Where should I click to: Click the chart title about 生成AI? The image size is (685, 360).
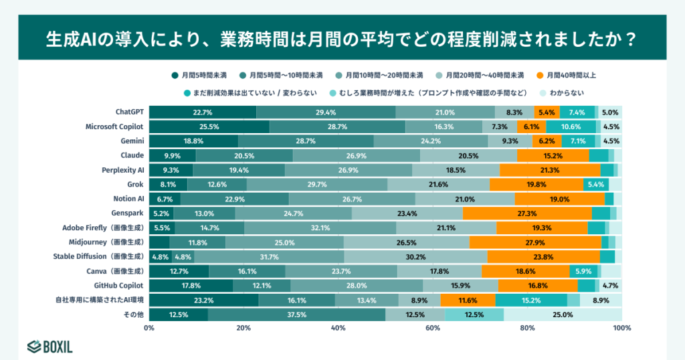click(342, 38)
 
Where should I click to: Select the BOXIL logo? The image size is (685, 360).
click(50, 347)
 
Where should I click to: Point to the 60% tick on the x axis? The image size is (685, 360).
click(433, 328)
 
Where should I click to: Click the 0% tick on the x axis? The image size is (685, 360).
click(149, 328)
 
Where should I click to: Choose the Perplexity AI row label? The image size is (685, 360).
click(123, 170)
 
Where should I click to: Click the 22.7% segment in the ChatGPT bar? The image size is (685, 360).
click(203, 112)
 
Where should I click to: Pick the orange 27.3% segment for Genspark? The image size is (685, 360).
click(527, 213)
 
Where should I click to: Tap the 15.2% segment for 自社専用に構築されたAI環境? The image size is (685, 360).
click(531, 300)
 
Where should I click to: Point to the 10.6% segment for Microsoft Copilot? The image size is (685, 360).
click(571, 126)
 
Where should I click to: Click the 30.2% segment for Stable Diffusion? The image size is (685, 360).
click(415, 257)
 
